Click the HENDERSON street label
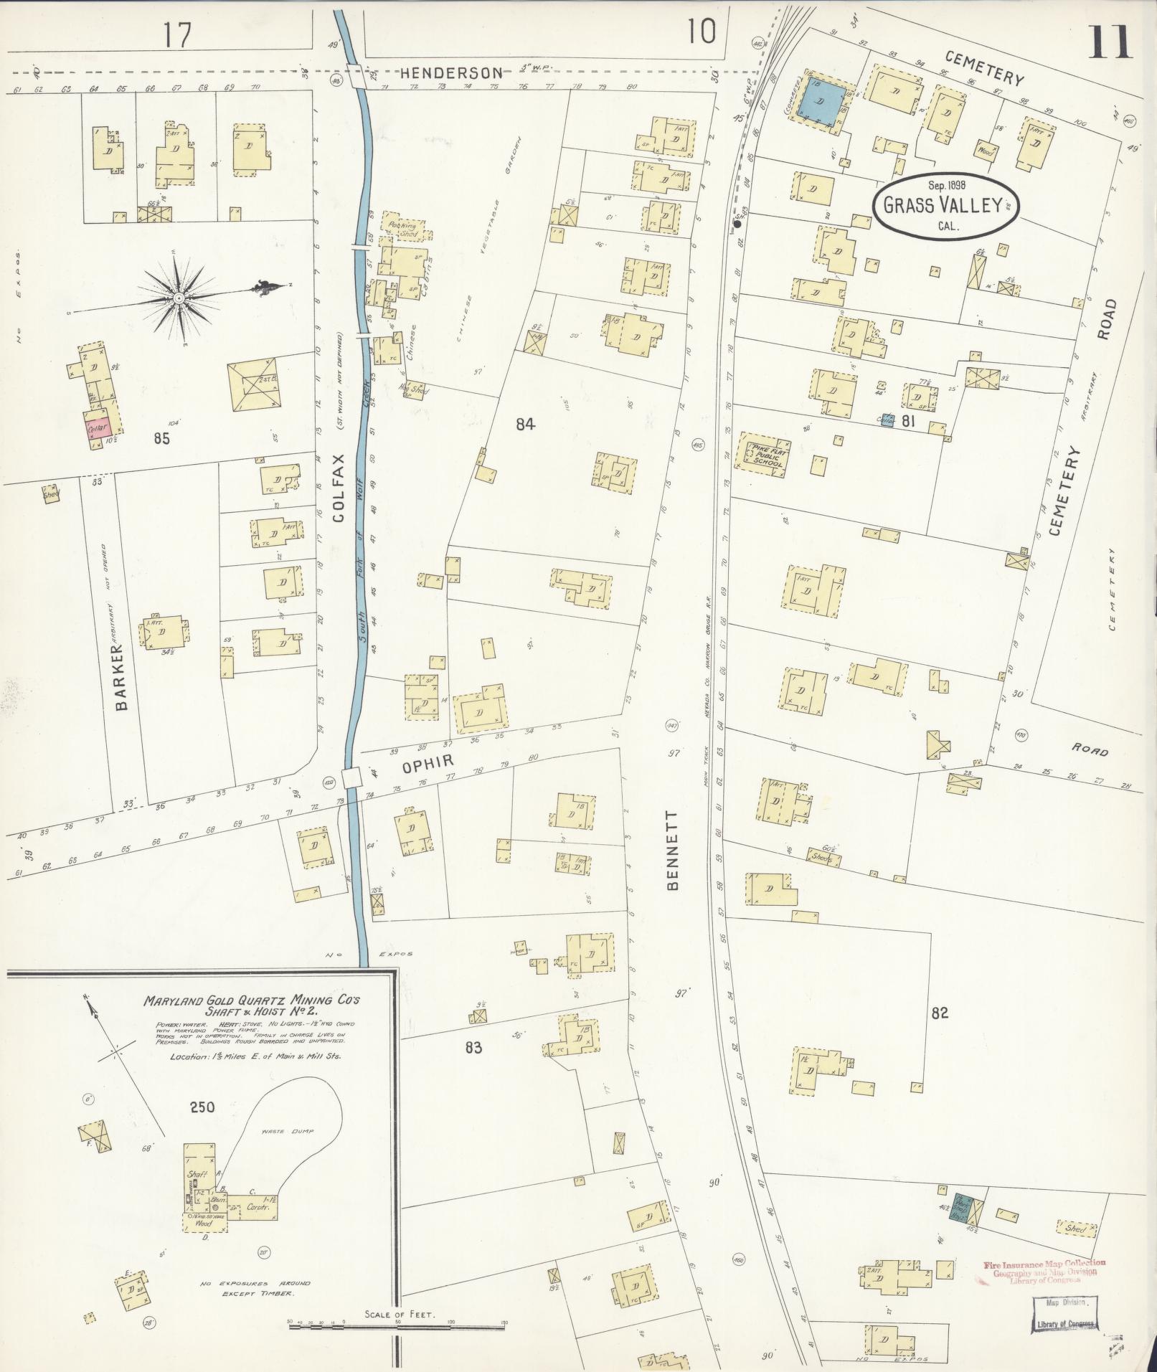point(451,72)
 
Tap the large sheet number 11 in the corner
point(1108,42)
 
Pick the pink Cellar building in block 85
point(98,428)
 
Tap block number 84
point(525,424)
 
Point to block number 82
point(940,1013)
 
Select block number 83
point(473,1048)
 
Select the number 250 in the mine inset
point(202,1107)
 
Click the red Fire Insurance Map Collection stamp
point(1044,1270)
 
